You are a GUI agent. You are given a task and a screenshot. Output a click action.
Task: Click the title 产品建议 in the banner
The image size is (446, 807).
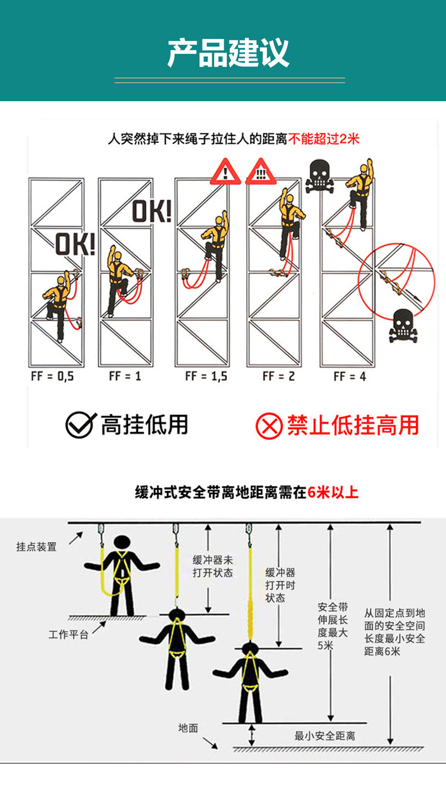click(x=228, y=54)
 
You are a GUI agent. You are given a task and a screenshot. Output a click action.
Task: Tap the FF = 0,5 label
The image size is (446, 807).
click(x=52, y=377)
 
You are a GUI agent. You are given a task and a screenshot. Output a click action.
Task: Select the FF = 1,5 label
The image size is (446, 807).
click(x=206, y=377)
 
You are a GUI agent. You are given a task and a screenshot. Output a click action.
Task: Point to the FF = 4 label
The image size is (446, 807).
click(x=350, y=377)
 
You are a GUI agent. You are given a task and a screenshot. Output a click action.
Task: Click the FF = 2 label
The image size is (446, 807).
click(x=279, y=377)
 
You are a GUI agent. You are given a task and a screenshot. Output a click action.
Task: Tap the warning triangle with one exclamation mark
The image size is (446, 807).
click(x=226, y=171)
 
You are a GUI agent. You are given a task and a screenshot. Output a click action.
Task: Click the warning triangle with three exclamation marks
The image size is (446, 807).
click(x=260, y=171)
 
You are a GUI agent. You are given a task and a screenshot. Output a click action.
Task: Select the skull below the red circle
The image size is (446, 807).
click(x=403, y=326)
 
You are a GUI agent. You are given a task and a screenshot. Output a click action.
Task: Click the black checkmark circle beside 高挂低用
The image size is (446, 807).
click(x=80, y=425)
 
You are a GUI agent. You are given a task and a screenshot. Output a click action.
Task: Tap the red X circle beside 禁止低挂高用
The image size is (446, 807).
click(x=269, y=426)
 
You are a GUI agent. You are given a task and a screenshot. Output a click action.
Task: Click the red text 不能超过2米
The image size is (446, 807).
click(x=323, y=139)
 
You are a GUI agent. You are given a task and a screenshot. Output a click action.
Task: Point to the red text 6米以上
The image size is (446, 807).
click(x=333, y=492)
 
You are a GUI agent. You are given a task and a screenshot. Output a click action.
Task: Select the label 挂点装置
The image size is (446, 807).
click(x=36, y=547)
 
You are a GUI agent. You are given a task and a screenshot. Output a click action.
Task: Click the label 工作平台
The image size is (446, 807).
click(x=68, y=634)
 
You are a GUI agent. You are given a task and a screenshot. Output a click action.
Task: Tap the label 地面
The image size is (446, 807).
click(x=188, y=728)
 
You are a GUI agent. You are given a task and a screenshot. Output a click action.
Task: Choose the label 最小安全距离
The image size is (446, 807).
click(x=325, y=736)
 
